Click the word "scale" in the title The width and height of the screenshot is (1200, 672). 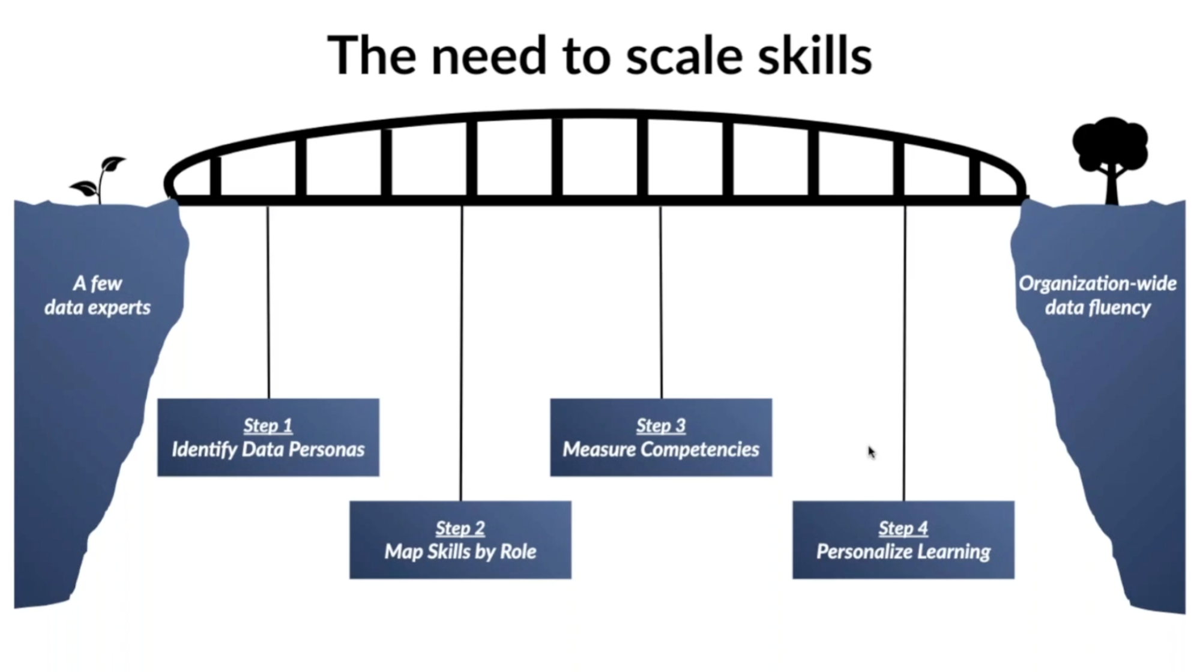tap(684, 56)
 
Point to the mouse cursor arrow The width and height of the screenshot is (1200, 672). tap(870, 451)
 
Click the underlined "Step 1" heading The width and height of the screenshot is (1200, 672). tap(268, 425)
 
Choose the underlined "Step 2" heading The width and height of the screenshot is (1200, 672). tap(460, 528)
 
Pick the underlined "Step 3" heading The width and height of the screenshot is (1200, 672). tap(661, 425)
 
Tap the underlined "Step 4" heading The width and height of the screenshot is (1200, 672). tap(903, 528)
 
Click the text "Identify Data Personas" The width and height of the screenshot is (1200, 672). tap(268, 449)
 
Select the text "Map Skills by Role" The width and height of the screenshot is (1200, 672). tap(460, 551)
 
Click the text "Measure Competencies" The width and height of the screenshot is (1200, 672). tap(661, 449)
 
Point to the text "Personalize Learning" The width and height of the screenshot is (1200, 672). tap(903, 551)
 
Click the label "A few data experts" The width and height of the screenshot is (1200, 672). tap(97, 295)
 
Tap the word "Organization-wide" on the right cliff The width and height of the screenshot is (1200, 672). tap(1097, 283)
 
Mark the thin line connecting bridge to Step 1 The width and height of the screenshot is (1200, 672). tap(268, 300)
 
